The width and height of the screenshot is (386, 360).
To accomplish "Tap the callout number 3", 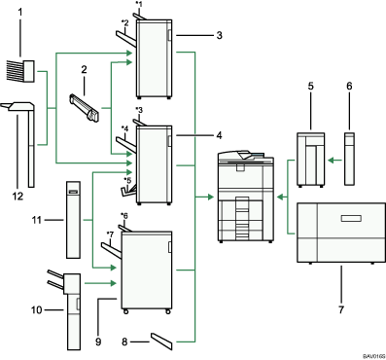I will click(x=222, y=35).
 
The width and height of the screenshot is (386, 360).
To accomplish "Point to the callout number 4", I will click(x=221, y=136).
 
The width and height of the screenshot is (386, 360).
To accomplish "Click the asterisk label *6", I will click(x=124, y=215).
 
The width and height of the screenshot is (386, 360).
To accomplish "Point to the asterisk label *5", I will click(x=126, y=182).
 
